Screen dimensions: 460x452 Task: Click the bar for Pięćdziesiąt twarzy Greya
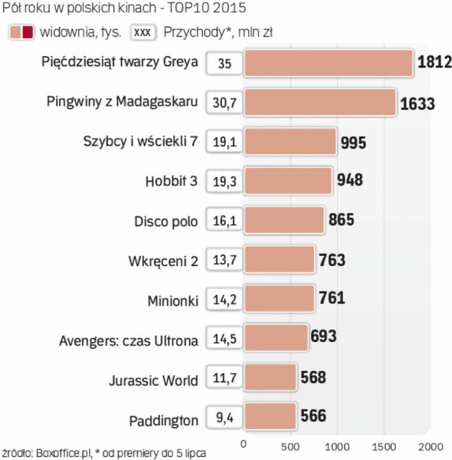(x=328, y=63)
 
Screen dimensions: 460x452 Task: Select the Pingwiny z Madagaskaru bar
(x=320, y=103)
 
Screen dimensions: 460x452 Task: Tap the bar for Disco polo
(x=284, y=220)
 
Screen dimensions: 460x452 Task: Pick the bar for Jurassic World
(x=269, y=377)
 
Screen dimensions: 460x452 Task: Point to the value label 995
(x=354, y=142)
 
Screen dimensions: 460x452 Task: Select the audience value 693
(x=323, y=336)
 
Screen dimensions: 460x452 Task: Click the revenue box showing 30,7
(x=224, y=103)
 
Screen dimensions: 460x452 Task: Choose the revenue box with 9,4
(x=224, y=416)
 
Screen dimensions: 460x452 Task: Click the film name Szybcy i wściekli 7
(x=140, y=141)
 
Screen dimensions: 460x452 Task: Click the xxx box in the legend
(x=144, y=32)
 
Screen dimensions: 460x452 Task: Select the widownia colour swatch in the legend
(x=21, y=32)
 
